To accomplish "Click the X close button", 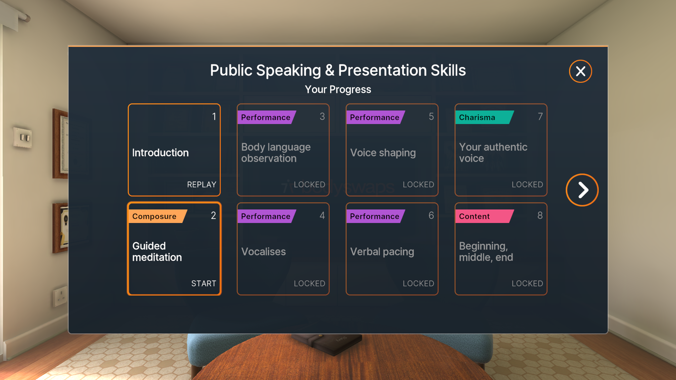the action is (580, 71).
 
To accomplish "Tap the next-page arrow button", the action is (582, 190).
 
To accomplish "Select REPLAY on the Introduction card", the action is (202, 184).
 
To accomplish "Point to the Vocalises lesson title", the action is (263, 252).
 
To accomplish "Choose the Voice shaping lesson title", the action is (383, 153).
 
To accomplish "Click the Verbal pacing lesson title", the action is (382, 252).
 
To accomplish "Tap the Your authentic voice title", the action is (493, 153).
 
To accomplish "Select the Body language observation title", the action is (276, 153).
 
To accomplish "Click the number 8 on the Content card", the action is (540, 215).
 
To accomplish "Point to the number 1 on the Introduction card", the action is (214, 116).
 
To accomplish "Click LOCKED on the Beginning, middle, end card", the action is (527, 283).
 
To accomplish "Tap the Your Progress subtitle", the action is (338, 89).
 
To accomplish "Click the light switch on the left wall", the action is (22, 137).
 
